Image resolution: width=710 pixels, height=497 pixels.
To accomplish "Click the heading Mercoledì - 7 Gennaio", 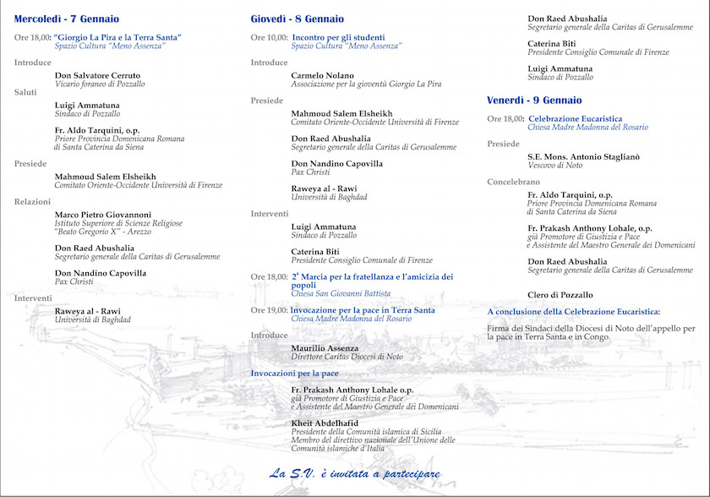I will pyautogui.click(x=67, y=19).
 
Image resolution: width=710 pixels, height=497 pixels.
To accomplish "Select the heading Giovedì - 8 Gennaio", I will pyautogui.click(x=297, y=19).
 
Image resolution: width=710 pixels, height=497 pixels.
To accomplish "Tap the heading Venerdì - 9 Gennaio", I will pyautogui.click(x=534, y=101).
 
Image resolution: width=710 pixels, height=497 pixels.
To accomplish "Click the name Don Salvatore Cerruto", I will pyautogui.click(x=97, y=75).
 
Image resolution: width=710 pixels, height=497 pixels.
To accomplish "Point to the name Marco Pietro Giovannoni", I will pyautogui.click(x=103, y=214).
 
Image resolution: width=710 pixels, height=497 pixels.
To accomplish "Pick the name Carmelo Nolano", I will pyautogui.click(x=323, y=75).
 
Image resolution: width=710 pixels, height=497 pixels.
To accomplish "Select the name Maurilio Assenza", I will pyautogui.click(x=325, y=348).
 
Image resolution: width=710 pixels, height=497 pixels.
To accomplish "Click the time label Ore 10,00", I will pyautogui.click(x=269, y=38).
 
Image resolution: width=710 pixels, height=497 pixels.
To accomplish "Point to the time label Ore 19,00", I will pyautogui.click(x=269, y=310).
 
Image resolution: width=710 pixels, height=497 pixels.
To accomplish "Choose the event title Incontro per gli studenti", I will pyautogui.click(x=338, y=38).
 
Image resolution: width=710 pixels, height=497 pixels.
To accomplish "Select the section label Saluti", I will pyautogui.click(x=25, y=92).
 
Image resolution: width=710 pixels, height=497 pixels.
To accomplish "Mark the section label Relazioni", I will pyautogui.click(x=32, y=201).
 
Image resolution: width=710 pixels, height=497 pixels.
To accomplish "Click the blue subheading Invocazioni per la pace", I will pyautogui.click(x=295, y=373).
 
